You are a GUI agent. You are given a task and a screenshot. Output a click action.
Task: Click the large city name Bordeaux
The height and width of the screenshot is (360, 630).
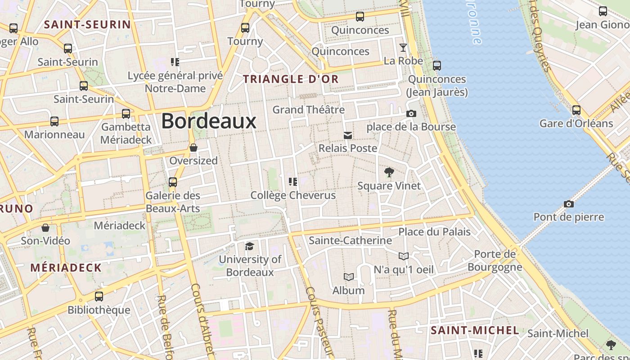[209, 121]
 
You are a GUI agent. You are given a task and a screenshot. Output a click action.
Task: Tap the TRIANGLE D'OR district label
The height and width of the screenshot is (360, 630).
[291, 79]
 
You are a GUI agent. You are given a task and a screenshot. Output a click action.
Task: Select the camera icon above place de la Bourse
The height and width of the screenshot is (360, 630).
[411, 113]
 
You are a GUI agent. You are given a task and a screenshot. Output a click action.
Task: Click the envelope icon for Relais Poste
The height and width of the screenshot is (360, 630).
[348, 135]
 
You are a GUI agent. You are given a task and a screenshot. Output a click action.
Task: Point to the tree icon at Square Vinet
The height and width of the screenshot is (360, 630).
[389, 172]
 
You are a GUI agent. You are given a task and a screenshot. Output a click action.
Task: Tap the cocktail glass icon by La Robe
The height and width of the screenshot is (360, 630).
[403, 47]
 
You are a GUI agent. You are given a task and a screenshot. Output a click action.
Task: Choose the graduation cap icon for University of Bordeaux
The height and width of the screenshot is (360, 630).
[249, 246]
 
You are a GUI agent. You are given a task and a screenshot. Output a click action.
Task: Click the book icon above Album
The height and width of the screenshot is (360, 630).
[348, 277]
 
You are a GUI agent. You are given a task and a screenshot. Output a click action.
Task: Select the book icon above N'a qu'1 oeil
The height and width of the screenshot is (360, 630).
[404, 256]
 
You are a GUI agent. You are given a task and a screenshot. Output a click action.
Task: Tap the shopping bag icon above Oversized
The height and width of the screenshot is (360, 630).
[193, 147]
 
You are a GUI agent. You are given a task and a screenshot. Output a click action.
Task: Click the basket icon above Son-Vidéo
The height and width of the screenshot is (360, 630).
[45, 228]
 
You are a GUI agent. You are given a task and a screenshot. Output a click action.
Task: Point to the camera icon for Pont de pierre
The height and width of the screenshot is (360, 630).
[568, 204]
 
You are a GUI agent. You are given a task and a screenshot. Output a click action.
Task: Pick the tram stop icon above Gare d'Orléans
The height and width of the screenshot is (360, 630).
[576, 110]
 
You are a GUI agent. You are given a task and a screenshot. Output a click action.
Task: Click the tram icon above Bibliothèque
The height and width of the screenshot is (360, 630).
[99, 297]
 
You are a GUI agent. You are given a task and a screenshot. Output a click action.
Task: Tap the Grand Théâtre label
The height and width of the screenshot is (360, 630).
[309, 109]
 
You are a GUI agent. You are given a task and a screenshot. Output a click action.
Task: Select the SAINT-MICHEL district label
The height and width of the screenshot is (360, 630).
[475, 331]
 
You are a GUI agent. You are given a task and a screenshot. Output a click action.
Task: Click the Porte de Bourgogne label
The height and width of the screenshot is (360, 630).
[495, 261]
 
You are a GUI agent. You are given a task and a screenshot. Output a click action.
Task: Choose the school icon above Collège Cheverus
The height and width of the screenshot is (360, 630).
[293, 182]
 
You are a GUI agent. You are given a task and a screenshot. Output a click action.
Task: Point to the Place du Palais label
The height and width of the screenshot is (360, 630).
[434, 232]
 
